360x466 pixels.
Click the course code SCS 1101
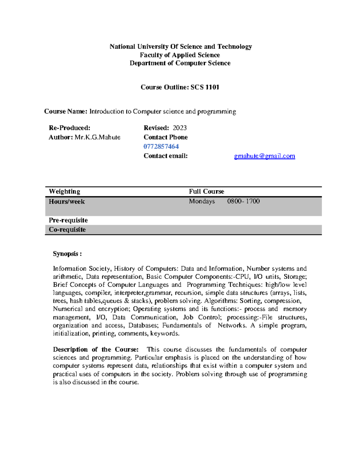tap(205, 87)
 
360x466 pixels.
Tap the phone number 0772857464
tap(161, 146)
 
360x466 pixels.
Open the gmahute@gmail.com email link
tap(264, 156)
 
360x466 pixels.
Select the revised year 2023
tap(180, 128)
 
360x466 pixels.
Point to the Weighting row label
tap(64, 191)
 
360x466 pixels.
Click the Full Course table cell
tap(206, 191)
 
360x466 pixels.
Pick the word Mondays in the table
tap(202, 201)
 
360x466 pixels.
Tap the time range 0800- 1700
tap(243, 201)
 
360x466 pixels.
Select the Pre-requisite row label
tap(68, 220)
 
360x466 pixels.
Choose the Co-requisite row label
tap(67, 230)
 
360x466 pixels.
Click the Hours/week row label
tap(67, 202)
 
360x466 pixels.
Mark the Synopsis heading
tap(67, 254)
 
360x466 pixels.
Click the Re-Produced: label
tap(69, 128)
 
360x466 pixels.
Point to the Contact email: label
tap(165, 156)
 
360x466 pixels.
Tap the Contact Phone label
tap(166, 137)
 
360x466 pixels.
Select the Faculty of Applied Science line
tap(180, 55)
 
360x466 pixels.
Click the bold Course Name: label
tap(66, 112)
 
